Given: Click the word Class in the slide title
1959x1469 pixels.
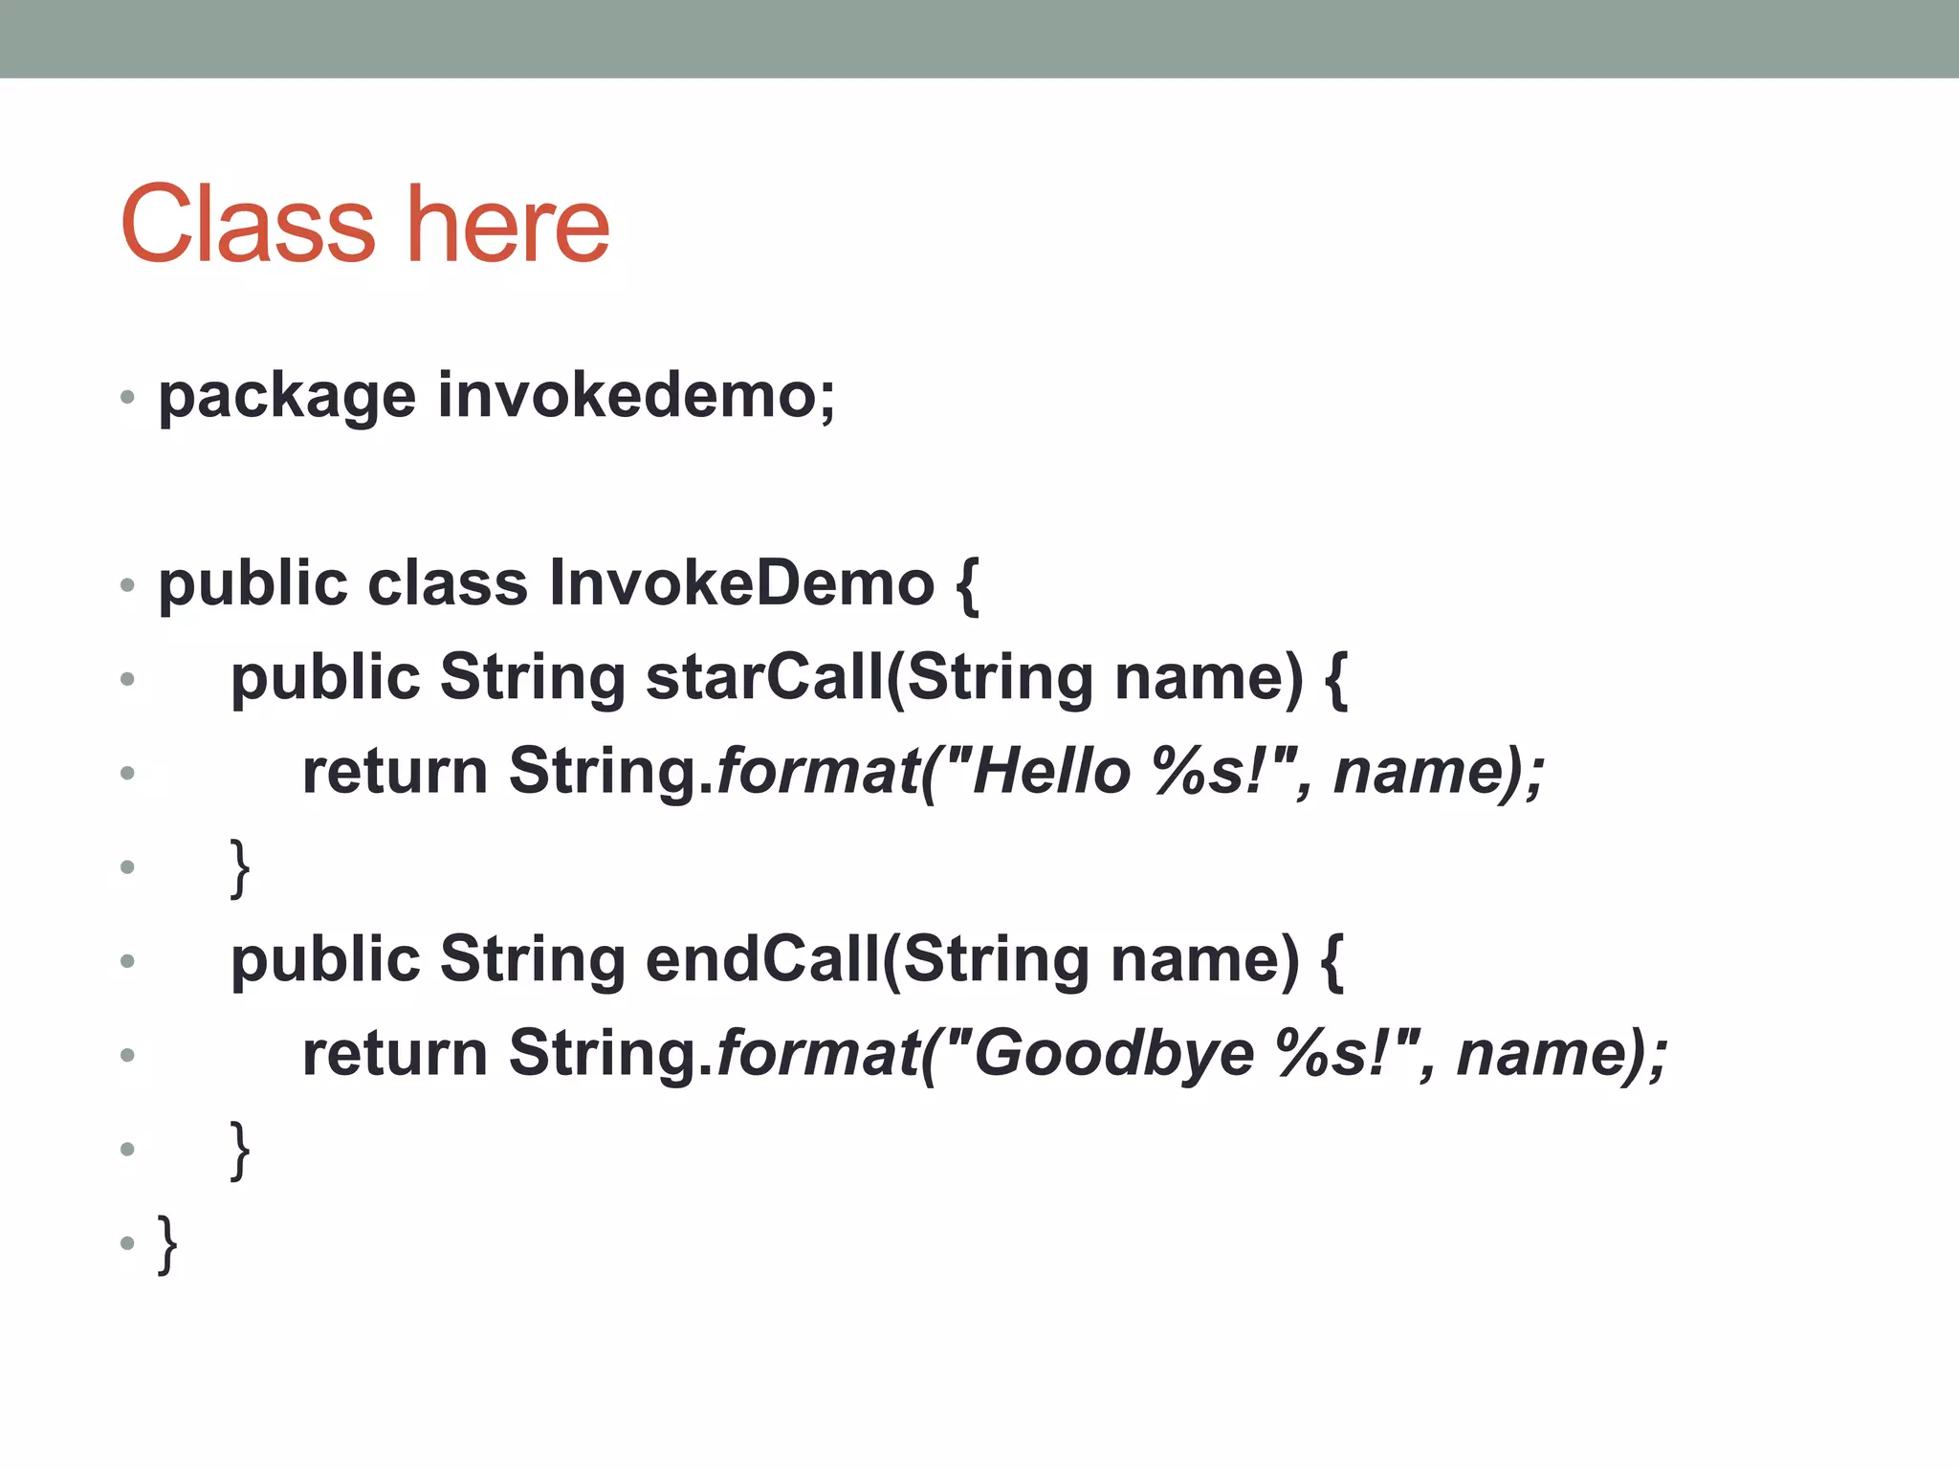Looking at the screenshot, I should pyautogui.click(x=248, y=226).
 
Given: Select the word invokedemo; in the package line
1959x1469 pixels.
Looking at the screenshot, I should pyautogui.click(x=636, y=396).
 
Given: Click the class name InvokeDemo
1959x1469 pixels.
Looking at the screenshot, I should pyautogui.click(x=741, y=583).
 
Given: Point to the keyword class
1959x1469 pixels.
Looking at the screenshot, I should pyautogui.click(x=447, y=583).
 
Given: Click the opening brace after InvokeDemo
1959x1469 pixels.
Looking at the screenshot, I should pyautogui.click(x=967, y=585).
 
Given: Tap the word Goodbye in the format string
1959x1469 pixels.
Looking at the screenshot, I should pyautogui.click(x=1113, y=1054).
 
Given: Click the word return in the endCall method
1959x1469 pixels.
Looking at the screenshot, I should pyautogui.click(x=394, y=1054).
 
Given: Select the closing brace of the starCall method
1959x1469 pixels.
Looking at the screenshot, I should pyautogui.click(x=240, y=867).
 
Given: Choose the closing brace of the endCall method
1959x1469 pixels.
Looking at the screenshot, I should pyautogui.click(x=240, y=1150).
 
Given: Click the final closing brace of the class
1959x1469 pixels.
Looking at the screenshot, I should pyautogui.click(x=167, y=1243).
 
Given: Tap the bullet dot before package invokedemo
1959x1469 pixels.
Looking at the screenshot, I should pyautogui.click(x=127, y=397).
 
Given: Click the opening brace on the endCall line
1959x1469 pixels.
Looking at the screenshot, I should pyautogui.click(x=1332, y=961).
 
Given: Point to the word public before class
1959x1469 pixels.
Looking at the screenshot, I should pyautogui.click(x=253, y=583).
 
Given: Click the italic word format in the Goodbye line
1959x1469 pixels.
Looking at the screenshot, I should pyautogui.click(x=818, y=1054).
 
